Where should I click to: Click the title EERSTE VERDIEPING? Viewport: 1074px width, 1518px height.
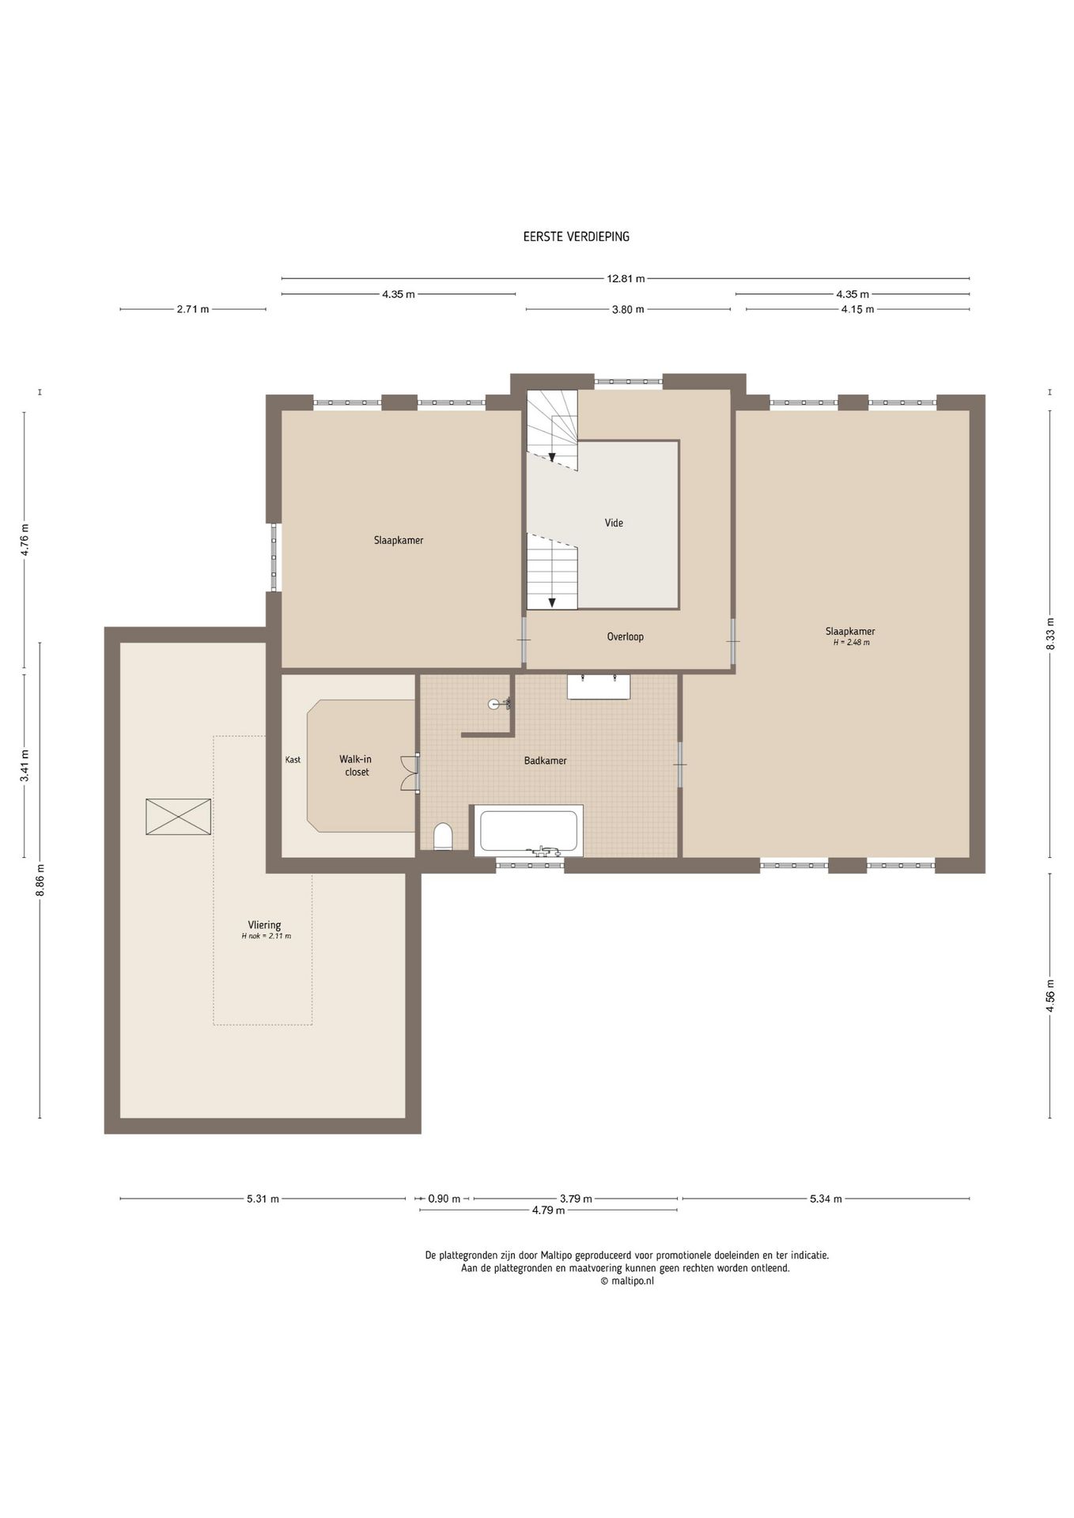[x=576, y=236]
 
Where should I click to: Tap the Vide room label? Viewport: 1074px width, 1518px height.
[x=614, y=523]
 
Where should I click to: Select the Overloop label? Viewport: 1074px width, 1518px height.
[x=626, y=636]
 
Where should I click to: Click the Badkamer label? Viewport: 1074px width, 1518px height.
[x=546, y=761]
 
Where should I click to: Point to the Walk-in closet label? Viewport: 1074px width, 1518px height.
[x=357, y=765]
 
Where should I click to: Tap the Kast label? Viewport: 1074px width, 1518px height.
[x=293, y=760]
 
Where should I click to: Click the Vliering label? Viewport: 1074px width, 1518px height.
[x=265, y=925]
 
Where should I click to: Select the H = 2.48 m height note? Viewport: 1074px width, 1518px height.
[x=851, y=643]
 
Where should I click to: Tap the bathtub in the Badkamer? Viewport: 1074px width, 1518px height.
[x=528, y=831]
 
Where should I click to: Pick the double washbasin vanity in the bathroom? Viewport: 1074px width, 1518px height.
[x=599, y=686]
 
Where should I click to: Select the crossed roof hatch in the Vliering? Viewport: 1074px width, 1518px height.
[x=179, y=817]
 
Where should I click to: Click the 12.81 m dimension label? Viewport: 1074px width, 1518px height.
[x=626, y=278]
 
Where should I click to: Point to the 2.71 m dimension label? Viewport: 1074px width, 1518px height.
[x=193, y=309]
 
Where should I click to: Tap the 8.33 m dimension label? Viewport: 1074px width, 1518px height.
[x=1050, y=633]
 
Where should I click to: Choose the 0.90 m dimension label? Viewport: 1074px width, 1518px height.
[x=444, y=1199]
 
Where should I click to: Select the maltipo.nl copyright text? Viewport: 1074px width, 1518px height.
[x=627, y=1282]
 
